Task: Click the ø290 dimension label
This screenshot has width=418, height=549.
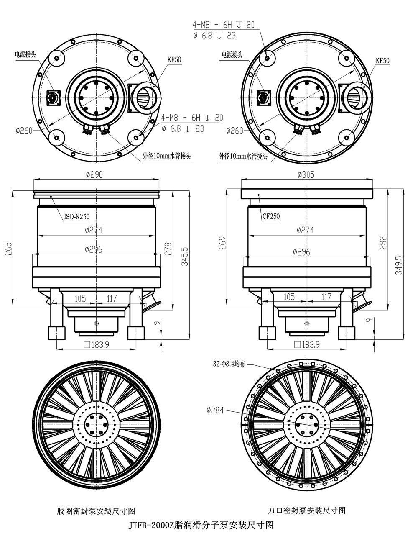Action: click(x=94, y=174)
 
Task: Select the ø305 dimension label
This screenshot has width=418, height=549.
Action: click(x=306, y=174)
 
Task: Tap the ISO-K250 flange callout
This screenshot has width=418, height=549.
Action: click(x=77, y=217)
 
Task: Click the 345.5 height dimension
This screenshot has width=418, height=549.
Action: click(x=185, y=257)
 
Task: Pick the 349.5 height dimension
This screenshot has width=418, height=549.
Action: click(x=399, y=265)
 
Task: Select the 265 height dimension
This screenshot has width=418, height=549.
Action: click(x=8, y=248)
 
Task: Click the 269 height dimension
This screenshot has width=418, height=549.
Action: click(x=222, y=243)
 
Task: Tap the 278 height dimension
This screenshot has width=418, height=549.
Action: click(x=168, y=249)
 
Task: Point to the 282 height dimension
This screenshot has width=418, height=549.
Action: click(x=383, y=243)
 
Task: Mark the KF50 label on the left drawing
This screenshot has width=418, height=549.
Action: click(x=174, y=60)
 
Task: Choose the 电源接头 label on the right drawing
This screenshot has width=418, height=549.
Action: click(x=232, y=54)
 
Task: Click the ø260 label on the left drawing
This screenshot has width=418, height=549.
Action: click(x=24, y=131)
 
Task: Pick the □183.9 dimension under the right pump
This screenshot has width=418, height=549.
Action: click(x=307, y=345)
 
